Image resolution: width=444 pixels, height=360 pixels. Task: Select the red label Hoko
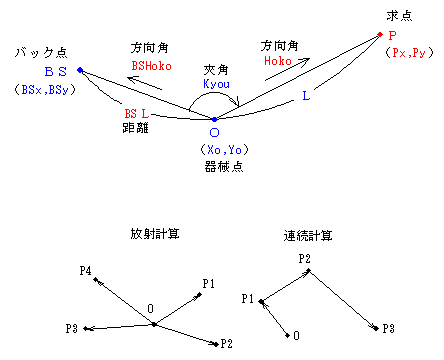pos(278,61)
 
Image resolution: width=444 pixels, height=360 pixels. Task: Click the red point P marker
pos(380,35)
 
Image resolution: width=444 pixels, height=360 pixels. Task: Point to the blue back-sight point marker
pos(79,70)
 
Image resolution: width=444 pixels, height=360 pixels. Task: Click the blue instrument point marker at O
pos(214,119)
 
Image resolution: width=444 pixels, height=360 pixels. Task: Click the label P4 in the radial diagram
pos(86,271)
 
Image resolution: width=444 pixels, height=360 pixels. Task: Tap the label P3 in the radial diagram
pos(71,328)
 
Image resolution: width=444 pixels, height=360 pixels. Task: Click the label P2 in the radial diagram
pos(227,344)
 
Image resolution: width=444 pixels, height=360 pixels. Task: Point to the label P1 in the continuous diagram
pos(249,298)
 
